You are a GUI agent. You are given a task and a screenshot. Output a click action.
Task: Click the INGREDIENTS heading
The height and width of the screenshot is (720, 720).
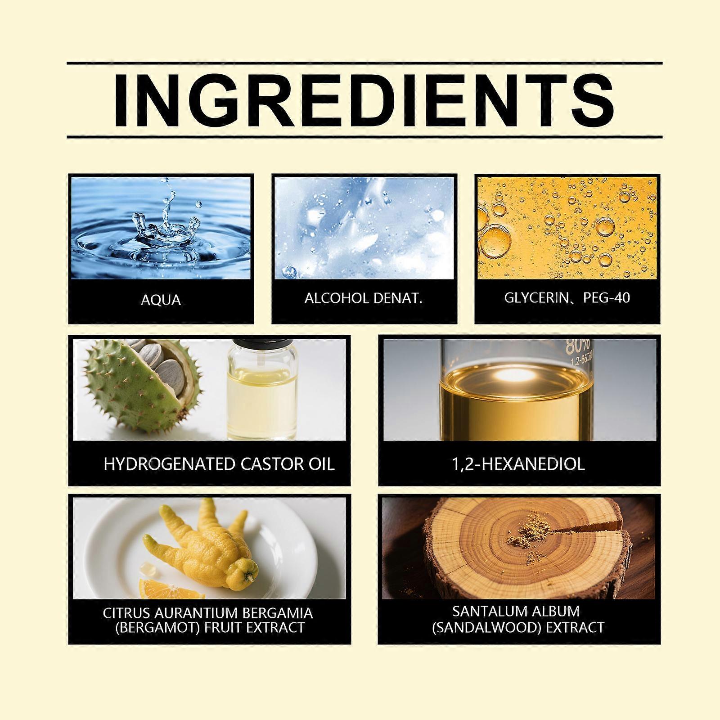point(364,100)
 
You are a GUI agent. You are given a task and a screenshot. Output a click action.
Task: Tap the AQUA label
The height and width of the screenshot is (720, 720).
point(161,300)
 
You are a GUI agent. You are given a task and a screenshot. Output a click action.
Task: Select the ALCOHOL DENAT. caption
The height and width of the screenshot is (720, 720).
point(364,298)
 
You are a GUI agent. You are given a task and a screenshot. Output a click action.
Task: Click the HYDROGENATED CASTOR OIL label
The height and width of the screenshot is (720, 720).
point(219,464)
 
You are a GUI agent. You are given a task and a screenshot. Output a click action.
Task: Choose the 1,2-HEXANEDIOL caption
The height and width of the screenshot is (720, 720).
point(518,464)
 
